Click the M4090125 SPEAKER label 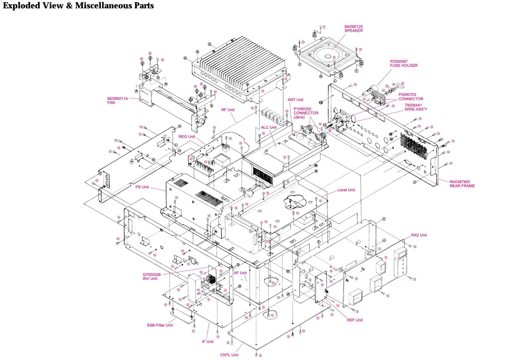353,29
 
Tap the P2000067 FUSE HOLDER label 404,63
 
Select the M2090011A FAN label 117,100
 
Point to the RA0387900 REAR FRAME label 462,184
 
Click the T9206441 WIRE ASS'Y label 416,107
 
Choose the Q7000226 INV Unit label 151,277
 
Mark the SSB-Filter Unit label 160,325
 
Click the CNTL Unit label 229,355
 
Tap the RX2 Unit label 419,235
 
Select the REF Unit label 355,320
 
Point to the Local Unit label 346,190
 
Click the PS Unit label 142,187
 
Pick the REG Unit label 187,137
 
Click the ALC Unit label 269,128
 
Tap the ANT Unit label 295,100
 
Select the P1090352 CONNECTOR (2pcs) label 306,113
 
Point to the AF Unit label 240,273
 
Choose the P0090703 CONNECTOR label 411,97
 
